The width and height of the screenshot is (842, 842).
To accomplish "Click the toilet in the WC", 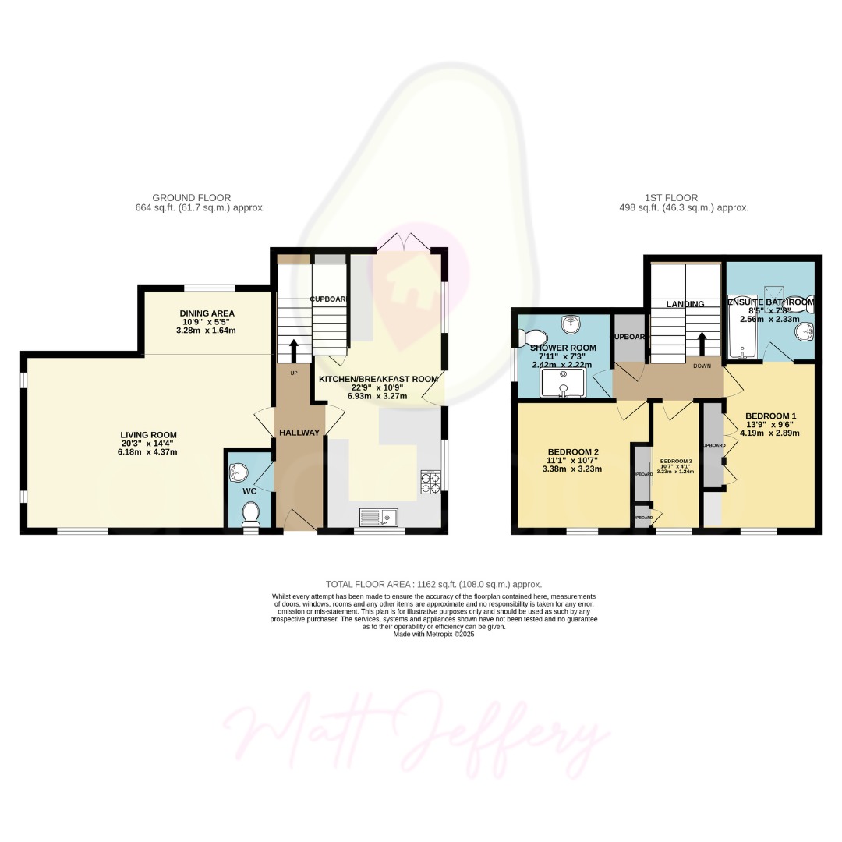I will [251, 515].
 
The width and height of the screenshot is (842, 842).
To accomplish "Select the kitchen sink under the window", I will [378, 516].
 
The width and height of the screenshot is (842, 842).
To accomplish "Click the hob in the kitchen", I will [430, 483].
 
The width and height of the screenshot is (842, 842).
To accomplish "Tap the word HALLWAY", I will [299, 433].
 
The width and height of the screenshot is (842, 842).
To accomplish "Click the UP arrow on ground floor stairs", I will [294, 349].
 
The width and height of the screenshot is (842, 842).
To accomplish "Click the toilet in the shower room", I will [533, 337].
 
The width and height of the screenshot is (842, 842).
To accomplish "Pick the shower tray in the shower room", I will [564, 381].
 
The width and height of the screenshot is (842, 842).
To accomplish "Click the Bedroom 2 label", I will [573, 452].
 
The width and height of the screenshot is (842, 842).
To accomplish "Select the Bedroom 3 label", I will [674, 462].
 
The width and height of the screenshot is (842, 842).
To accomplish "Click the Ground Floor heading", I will [192, 198].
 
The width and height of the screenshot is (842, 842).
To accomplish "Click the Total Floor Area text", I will [433, 584].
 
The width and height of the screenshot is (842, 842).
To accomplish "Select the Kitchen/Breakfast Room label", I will [378, 379].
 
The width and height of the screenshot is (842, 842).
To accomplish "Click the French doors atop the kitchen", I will [403, 242].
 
